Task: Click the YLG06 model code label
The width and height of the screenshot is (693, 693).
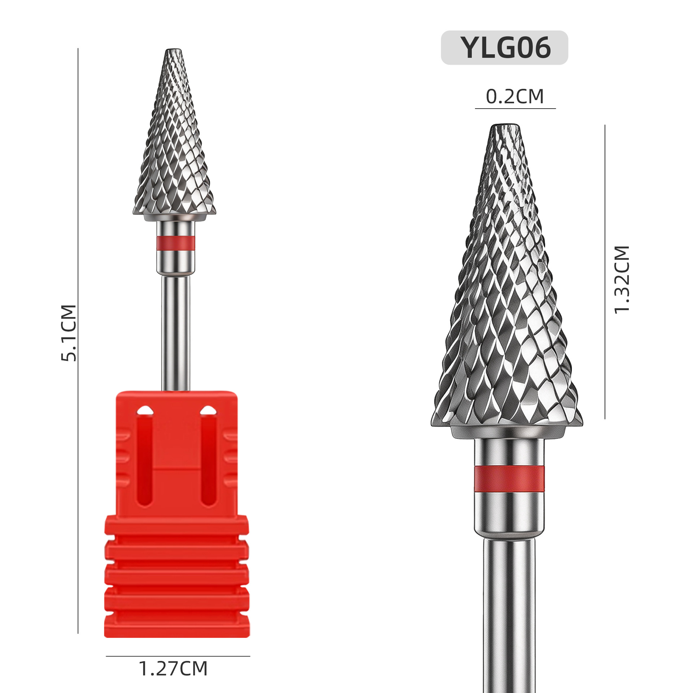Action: tap(505, 48)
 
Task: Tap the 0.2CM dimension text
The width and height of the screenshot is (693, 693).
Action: tap(515, 97)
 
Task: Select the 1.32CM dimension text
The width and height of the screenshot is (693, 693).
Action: tap(622, 280)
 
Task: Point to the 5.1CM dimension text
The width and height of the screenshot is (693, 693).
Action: tap(69, 333)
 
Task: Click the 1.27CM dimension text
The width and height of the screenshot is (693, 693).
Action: tap(173, 669)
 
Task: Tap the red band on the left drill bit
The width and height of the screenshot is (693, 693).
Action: tap(176, 243)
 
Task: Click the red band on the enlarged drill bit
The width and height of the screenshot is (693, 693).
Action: tap(509, 479)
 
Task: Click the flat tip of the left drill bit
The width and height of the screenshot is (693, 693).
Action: tap(173, 50)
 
